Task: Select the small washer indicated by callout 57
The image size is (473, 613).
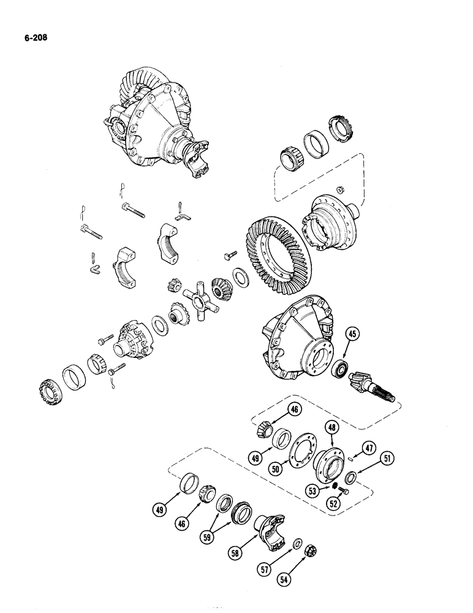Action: pyautogui.click(x=297, y=543)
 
